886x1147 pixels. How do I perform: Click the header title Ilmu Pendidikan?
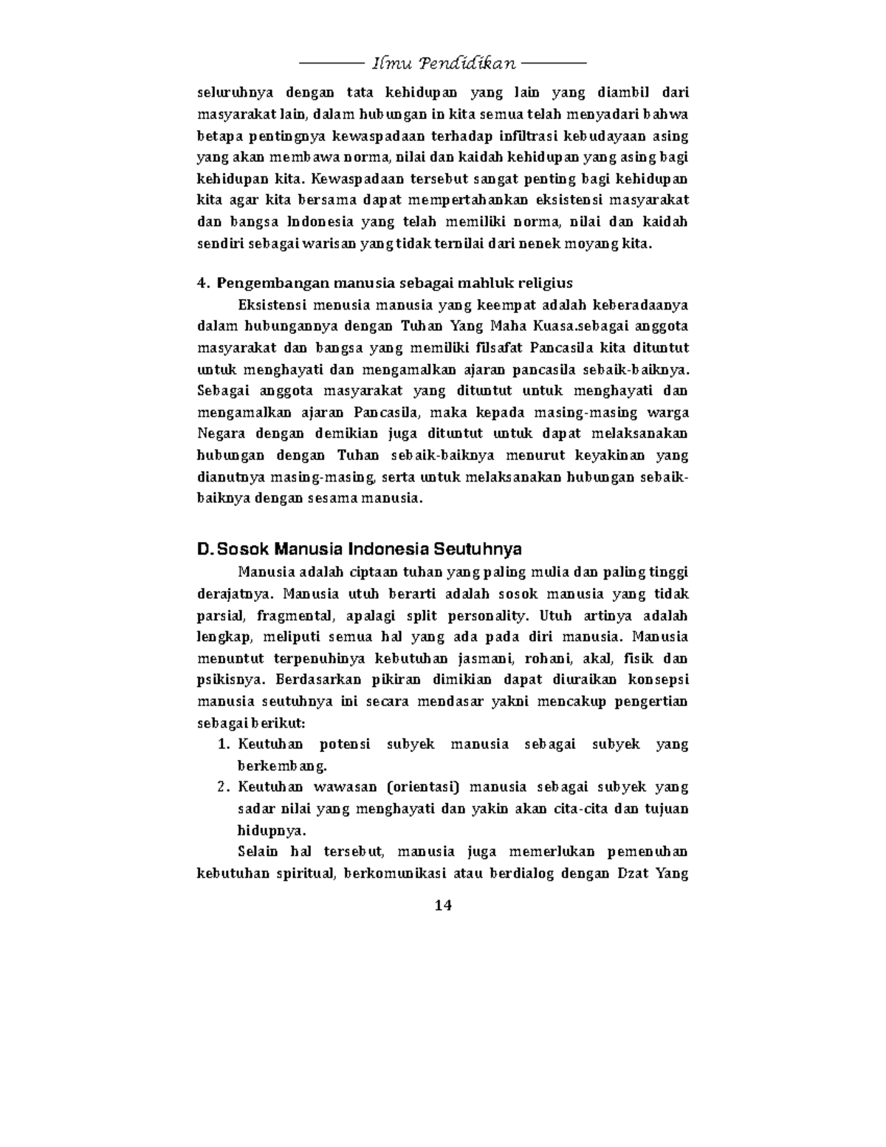pos(443,64)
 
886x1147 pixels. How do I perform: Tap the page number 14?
pos(443,905)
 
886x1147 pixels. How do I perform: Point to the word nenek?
pos(565,243)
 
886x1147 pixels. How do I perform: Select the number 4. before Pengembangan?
pos(204,284)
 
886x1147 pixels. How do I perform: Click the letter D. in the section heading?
pos(205,549)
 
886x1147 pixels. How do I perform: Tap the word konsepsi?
pos(657,679)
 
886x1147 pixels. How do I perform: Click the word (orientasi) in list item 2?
pos(416,787)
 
